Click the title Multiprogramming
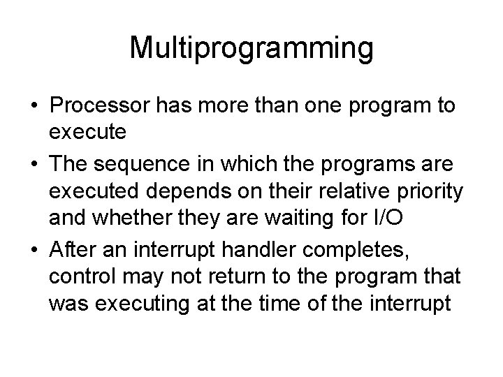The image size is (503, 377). (x=251, y=50)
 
